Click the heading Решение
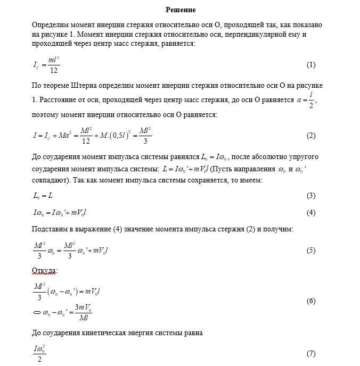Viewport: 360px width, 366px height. coord(181,10)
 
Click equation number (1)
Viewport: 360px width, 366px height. coord(311,65)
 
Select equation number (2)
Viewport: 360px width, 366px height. coord(311,136)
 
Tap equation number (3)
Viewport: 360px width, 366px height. coord(311,196)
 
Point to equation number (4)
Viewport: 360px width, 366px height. coord(311,213)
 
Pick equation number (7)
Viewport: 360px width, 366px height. coord(311,354)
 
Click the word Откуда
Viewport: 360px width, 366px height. coord(44,270)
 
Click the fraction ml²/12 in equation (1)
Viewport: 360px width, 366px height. coord(53,65)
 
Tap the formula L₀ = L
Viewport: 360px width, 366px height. coord(43,196)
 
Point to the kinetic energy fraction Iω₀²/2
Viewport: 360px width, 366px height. coord(40,354)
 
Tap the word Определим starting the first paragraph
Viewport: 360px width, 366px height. coord(51,25)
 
